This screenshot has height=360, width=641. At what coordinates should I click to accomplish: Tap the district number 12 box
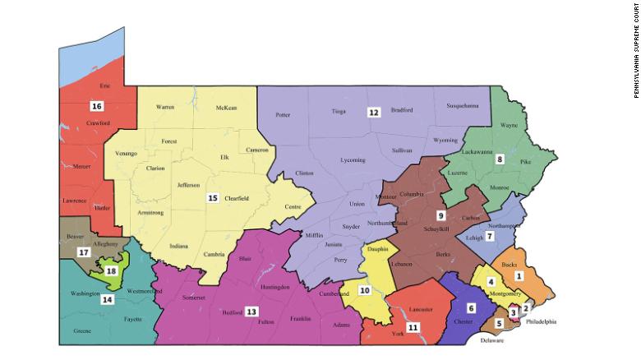pyautogui.click(x=373, y=112)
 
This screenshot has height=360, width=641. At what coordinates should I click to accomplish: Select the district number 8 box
pyautogui.click(x=499, y=159)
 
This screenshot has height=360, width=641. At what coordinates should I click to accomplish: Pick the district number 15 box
pyautogui.click(x=211, y=198)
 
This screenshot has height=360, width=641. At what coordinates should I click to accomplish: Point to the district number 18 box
pyautogui.click(x=110, y=270)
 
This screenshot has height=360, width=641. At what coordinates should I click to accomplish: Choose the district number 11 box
pyautogui.click(x=413, y=327)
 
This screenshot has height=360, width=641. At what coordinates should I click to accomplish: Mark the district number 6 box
pyautogui.click(x=471, y=307)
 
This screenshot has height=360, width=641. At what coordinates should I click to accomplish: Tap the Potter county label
pyautogui.click(x=284, y=115)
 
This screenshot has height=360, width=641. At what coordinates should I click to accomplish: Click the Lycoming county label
pyautogui.click(x=353, y=160)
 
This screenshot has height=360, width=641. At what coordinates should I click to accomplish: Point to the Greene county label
pyautogui.click(x=82, y=331)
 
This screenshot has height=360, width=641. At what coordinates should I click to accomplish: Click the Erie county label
pyautogui.click(x=104, y=85)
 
